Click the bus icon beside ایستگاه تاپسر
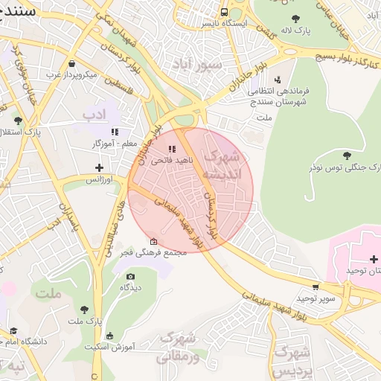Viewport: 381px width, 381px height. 224,13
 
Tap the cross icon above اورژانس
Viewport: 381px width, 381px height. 99,167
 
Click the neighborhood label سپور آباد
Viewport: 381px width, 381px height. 196,64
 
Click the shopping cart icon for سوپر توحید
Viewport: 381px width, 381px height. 316,286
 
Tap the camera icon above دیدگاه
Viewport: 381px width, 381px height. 130,276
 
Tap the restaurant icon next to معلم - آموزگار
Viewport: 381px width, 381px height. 115,132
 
